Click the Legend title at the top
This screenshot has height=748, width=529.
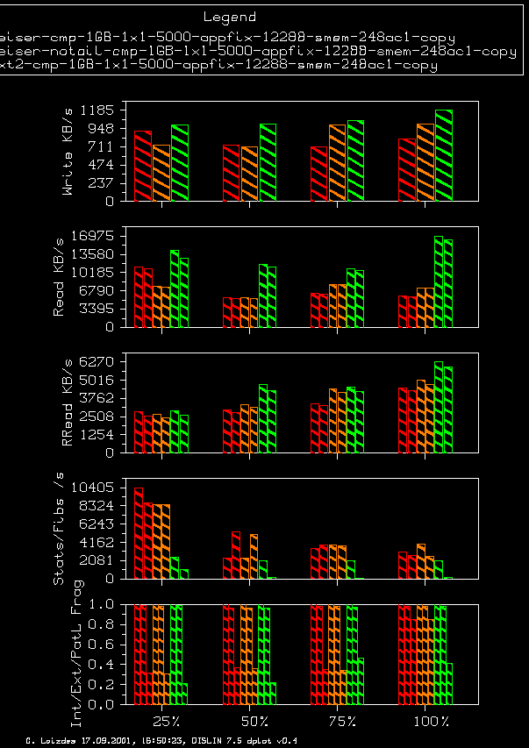(230, 17)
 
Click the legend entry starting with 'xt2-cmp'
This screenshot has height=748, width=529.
(219, 65)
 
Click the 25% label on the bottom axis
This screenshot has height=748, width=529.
(165, 721)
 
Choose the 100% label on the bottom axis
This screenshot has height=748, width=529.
(432, 721)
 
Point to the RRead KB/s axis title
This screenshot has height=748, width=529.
(68, 405)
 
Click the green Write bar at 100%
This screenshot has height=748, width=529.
(443, 155)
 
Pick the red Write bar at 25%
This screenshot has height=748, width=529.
(143, 166)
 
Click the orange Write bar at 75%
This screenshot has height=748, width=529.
(338, 163)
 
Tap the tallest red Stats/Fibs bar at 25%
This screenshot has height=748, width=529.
(139, 533)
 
